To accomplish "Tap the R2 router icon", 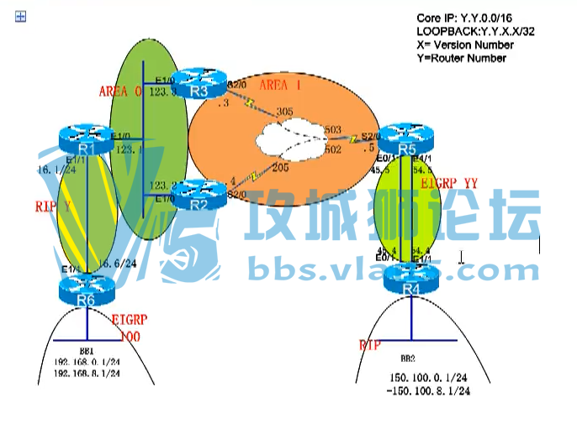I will (199, 196).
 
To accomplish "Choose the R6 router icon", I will (86, 290).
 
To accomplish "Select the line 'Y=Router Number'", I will (461, 58).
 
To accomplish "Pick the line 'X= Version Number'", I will (464, 44).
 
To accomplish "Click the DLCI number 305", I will (283, 111).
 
